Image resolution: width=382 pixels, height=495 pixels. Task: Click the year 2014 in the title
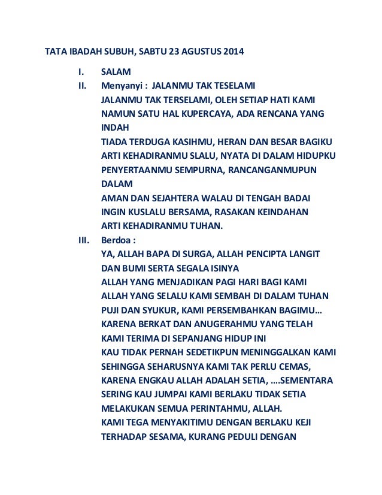pyautogui.click(x=234, y=52)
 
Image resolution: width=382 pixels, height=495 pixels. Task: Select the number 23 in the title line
pyautogui.click(x=169, y=52)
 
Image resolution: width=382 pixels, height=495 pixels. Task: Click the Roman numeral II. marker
pyautogui.click(x=84, y=85)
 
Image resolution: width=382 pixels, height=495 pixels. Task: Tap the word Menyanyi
pyautogui.click(x=120, y=85)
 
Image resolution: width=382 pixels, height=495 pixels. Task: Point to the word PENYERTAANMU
pyautogui.click(x=134, y=170)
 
